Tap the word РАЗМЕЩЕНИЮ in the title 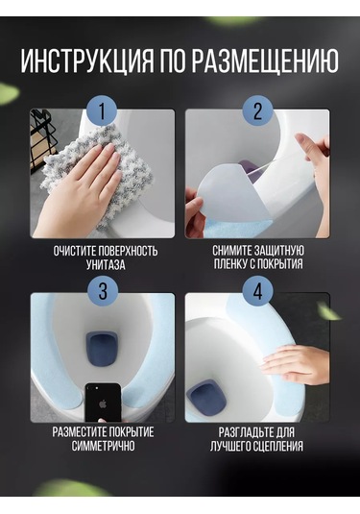click(x=265, y=61)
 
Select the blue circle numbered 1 click(x=102, y=110)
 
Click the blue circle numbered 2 click(x=258, y=110)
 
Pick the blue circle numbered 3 click(x=103, y=291)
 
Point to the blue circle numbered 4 click(x=258, y=291)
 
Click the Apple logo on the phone click(x=103, y=404)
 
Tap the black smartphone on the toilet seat click(x=103, y=403)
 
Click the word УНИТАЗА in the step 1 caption click(x=106, y=264)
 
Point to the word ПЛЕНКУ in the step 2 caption click(x=230, y=264)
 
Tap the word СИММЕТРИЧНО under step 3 click(x=103, y=446)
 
